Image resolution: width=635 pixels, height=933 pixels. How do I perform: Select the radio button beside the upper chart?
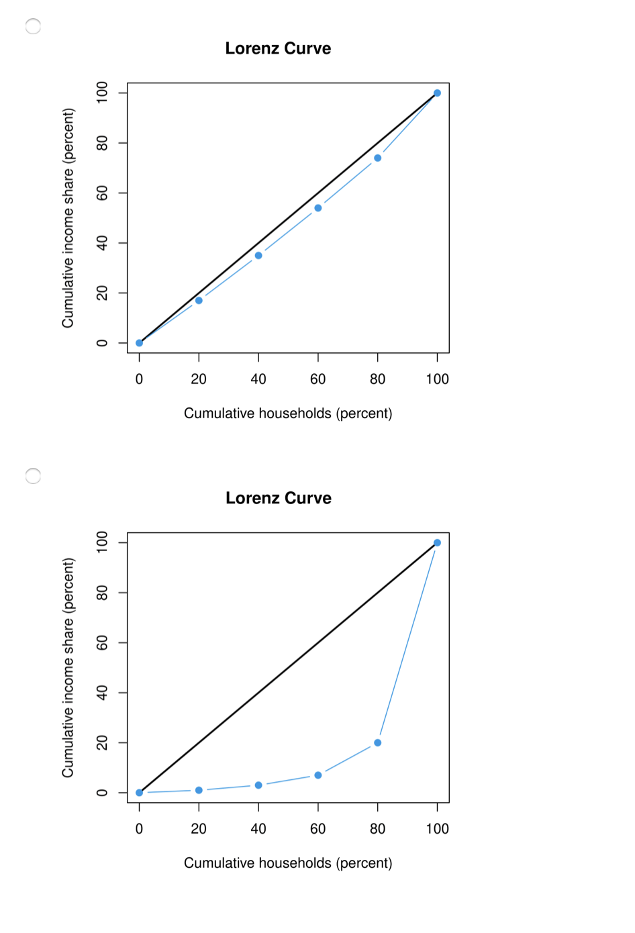(33, 26)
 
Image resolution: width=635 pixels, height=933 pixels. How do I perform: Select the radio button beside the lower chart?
(33, 476)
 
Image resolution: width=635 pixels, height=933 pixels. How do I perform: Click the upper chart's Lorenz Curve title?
(278, 48)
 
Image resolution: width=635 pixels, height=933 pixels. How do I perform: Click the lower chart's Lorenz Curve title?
(278, 498)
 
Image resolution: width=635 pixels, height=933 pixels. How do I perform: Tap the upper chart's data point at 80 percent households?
(378, 158)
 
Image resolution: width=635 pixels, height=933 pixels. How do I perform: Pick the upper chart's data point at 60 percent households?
(318, 208)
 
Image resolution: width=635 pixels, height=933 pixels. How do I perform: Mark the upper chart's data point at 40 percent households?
(258, 256)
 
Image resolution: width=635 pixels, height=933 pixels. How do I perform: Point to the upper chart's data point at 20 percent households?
(199, 301)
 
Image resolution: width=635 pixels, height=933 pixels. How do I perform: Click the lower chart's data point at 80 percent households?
(378, 743)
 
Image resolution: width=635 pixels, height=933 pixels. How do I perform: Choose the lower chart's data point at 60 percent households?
(318, 775)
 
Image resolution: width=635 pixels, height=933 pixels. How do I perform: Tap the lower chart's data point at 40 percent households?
(258, 785)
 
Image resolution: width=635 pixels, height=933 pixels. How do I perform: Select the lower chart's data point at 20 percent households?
(199, 790)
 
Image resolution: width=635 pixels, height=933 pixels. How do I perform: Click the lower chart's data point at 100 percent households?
(437, 543)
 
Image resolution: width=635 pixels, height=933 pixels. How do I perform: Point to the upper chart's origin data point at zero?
(140, 343)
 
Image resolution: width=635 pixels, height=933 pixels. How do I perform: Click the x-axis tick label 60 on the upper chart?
(318, 379)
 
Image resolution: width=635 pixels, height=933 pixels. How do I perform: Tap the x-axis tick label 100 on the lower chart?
(437, 829)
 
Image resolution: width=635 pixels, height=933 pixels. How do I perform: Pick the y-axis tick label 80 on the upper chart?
(102, 143)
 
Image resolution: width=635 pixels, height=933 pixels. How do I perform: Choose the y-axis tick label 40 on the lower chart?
(102, 693)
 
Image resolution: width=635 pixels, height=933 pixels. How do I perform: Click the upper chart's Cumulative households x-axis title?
(288, 413)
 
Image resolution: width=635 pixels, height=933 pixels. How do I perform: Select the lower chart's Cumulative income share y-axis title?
(68, 667)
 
